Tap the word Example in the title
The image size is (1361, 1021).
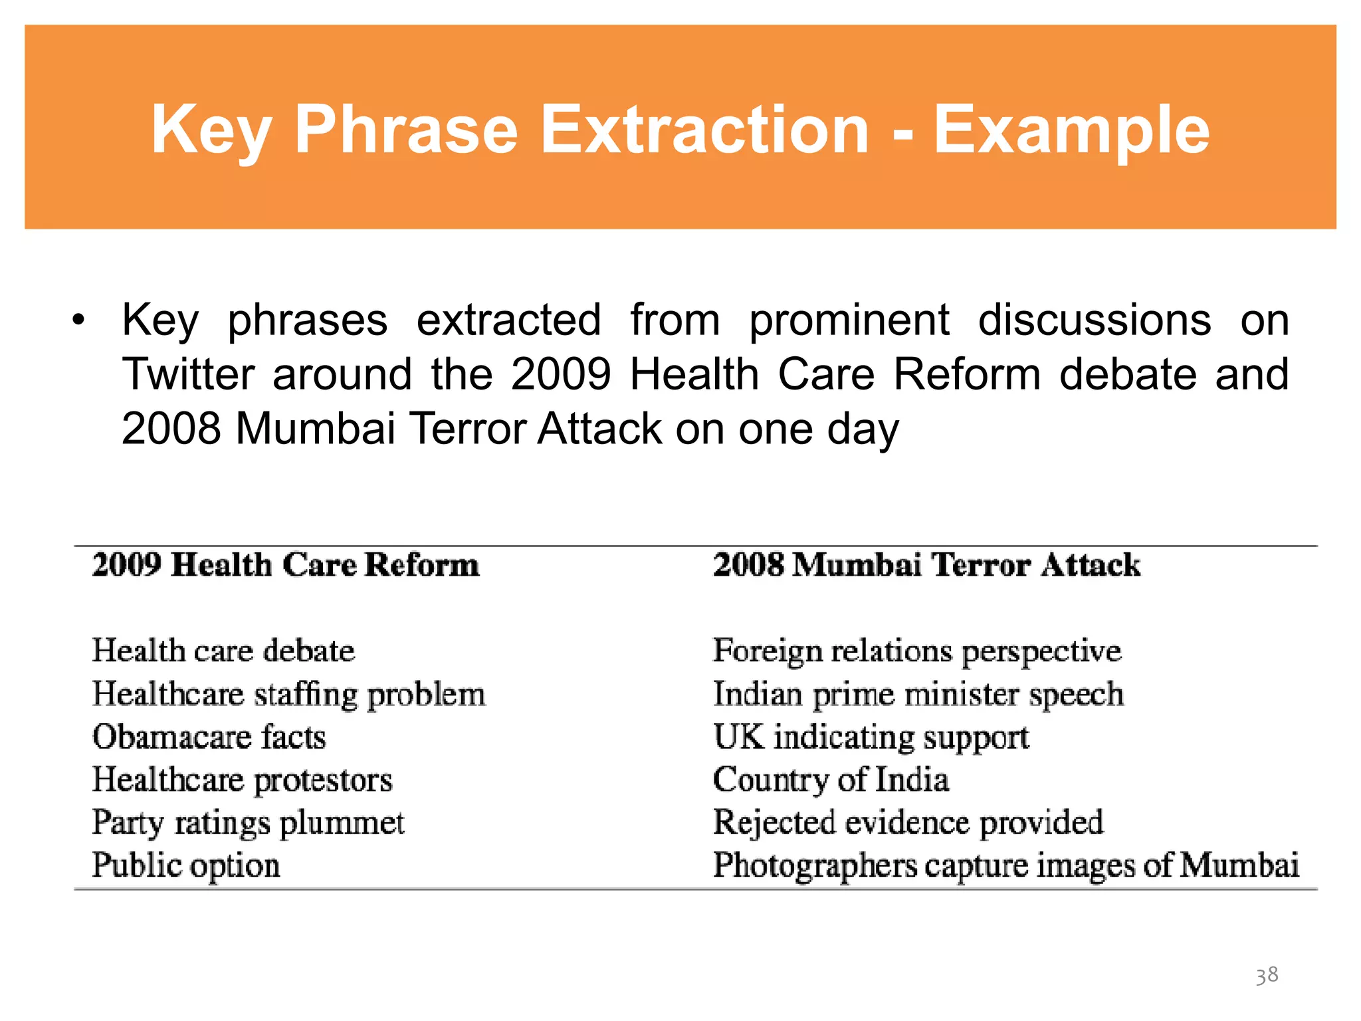click(x=1071, y=131)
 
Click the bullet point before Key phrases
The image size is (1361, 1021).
click(x=79, y=320)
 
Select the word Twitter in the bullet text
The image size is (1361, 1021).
click(x=189, y=374)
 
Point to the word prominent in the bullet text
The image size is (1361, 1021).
click(x=849, y=320)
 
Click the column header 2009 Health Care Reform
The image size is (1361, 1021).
click(x=285, y=565)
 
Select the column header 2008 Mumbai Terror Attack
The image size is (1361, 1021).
click(x=926, y=565)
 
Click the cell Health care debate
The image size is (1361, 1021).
click(x=223, y=650)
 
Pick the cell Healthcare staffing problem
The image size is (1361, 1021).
click(x=288, y=694)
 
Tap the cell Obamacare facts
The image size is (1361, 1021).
click(x=209, y=737)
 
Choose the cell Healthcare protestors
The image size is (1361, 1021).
click(x=242, y=780)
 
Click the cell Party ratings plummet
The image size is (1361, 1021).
click(x=248, y=823)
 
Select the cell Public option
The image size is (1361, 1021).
click(x=186, y=865)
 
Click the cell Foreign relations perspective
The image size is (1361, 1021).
click(x=917, y=650)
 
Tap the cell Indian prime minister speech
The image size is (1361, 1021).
click(x=918, y=694)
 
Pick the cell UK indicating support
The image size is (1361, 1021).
click(x=871, y=737)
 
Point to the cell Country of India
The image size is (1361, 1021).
click(x=831, y=780)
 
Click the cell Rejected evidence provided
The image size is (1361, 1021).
click(x=908, y=823)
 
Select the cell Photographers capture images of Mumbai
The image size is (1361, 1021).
click(x=1005, y=865)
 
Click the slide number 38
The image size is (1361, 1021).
click(x=1267, y=975)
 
